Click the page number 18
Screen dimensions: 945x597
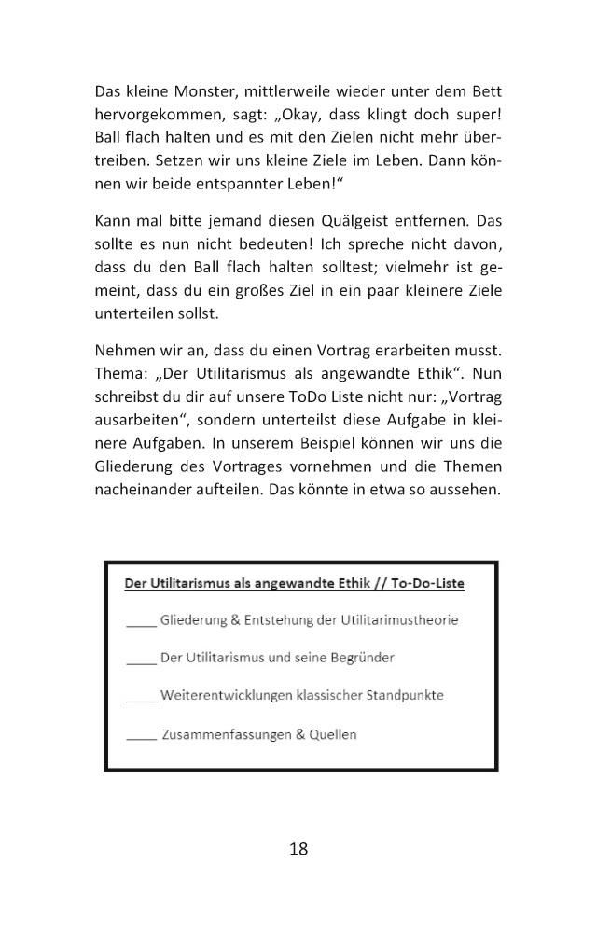click(x=298, y=848)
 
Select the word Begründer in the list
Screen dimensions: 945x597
click(x=354, y=657)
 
